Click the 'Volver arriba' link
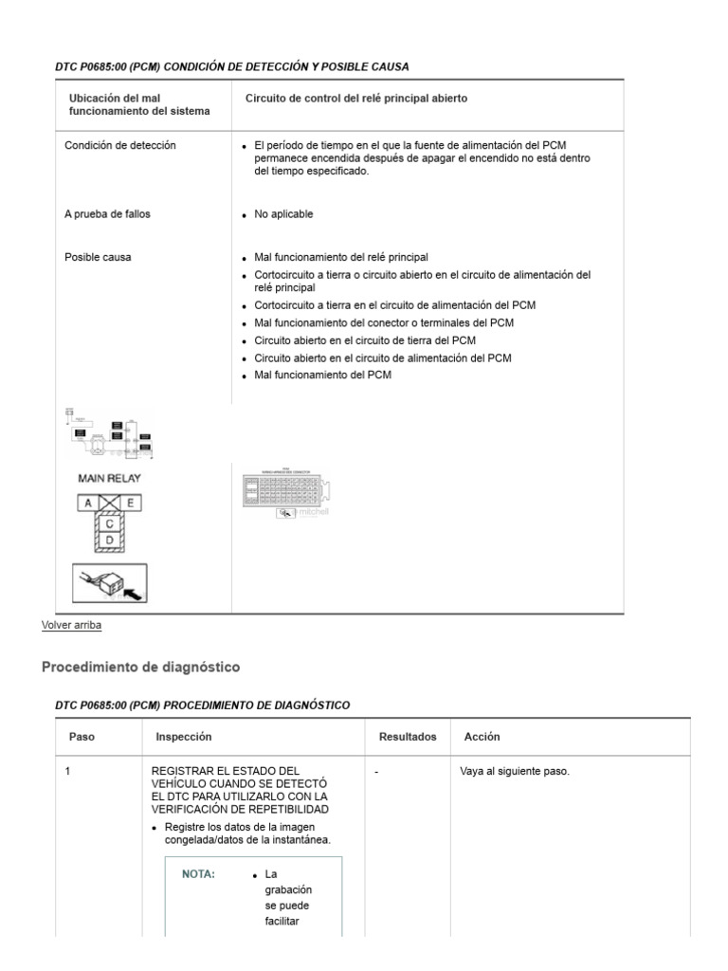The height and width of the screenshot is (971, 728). [71, 625]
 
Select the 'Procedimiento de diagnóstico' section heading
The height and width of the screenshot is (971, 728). [140, 668]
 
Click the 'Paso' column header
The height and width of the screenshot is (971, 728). [82, 737]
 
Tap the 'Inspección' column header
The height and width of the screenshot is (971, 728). [183, 737]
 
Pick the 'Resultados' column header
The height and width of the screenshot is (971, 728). [408, 737]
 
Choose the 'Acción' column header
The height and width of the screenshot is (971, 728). [482, 737]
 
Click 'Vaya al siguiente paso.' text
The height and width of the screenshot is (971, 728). [515, 772]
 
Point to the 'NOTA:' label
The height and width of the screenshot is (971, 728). [198, 874]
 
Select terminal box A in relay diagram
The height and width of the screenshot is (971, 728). [87, 504]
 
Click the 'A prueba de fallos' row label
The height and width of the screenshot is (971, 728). [107, 214]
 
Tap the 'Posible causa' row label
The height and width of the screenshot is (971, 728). [98, 257]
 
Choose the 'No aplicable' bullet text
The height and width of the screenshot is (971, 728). [282, 214]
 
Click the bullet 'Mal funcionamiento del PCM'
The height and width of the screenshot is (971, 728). [322, 375]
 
